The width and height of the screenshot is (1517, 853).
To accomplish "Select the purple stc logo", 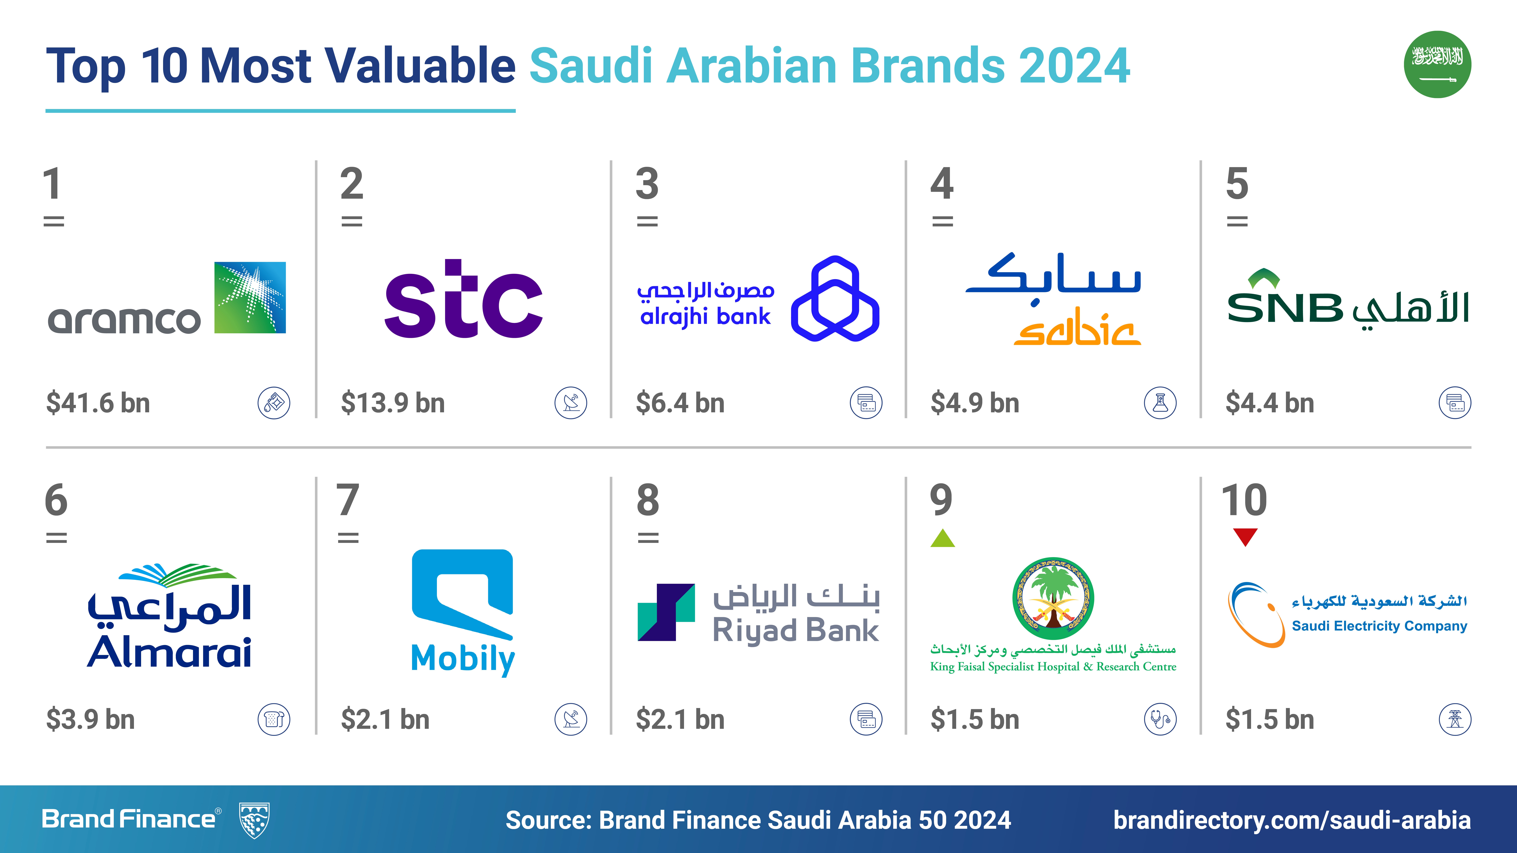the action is point(463,298).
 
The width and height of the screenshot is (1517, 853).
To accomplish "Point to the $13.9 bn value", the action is point(393,403).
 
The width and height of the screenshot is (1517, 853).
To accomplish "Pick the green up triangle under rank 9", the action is point(942,538).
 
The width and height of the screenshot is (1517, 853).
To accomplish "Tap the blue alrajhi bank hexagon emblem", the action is point(835,298).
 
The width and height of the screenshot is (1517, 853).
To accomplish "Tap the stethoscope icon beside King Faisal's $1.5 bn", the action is point(1160,719).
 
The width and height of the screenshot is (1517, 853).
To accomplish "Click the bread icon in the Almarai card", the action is point(274,719).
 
